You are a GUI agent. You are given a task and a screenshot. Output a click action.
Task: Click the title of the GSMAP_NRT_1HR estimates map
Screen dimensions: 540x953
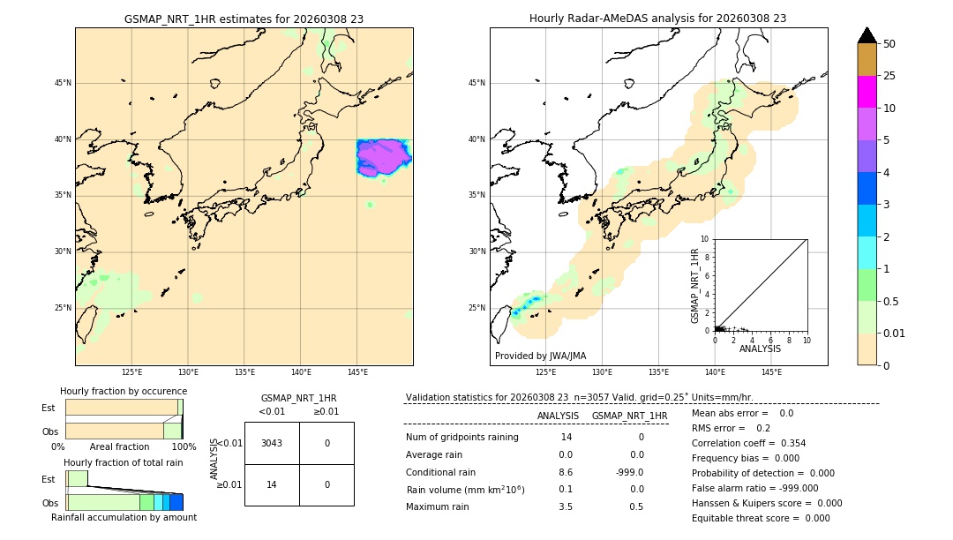[244, 19]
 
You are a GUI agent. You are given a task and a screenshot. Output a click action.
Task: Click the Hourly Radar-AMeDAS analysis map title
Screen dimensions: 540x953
[657, 19]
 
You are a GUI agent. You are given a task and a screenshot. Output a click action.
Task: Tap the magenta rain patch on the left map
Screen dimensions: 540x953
[383, 157]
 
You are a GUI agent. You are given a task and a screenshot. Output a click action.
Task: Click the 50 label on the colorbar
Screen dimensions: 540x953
[889, 44]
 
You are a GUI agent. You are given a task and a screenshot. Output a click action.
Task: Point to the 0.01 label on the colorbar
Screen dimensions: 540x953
[894, 333]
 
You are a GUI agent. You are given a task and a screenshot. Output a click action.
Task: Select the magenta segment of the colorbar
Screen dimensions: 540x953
[867, 92]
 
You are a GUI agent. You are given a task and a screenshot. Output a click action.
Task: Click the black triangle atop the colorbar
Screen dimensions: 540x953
[867, 35]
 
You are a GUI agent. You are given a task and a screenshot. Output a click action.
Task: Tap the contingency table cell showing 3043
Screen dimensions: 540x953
[272, 443]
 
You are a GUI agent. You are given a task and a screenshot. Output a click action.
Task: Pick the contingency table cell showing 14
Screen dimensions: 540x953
[272, 484]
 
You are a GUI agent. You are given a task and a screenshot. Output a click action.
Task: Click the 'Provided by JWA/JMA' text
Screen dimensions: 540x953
[540, 356]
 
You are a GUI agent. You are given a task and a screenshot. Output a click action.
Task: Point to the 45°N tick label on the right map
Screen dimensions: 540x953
[476, 84]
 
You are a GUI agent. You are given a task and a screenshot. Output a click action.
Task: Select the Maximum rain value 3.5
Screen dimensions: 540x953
[566, 506]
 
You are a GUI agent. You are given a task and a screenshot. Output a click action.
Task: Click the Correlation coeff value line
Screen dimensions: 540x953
[748, 443]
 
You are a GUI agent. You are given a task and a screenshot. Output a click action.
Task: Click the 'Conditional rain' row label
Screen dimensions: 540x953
[441, 472]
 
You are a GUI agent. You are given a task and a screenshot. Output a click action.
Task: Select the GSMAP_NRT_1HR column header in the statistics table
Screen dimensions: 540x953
[629, 416]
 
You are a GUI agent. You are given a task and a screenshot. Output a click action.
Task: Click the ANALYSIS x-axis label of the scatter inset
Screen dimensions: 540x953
[760, 349]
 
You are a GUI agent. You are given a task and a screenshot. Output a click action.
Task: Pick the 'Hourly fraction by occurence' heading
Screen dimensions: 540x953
[124, 391]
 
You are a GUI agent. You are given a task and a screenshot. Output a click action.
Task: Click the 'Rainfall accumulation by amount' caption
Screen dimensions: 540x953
[124, 517]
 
